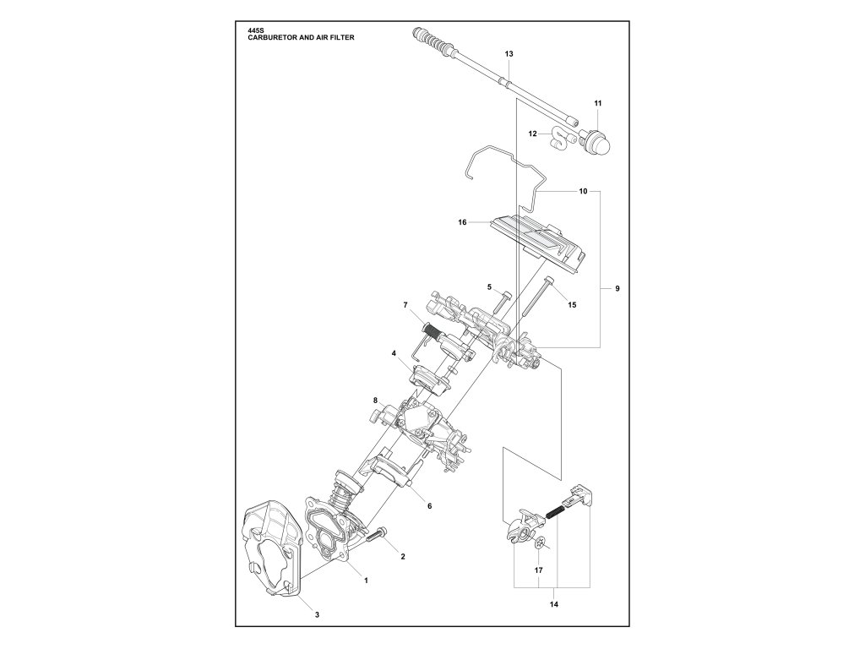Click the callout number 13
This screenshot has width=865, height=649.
coord(509,54)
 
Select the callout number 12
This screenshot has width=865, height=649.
coord(533,134)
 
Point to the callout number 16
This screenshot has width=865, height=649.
coord(462,223)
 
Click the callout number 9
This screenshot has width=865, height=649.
coord(617,290)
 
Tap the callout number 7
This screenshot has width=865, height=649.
coord(405,304)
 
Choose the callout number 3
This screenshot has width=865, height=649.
coord(317,614)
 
